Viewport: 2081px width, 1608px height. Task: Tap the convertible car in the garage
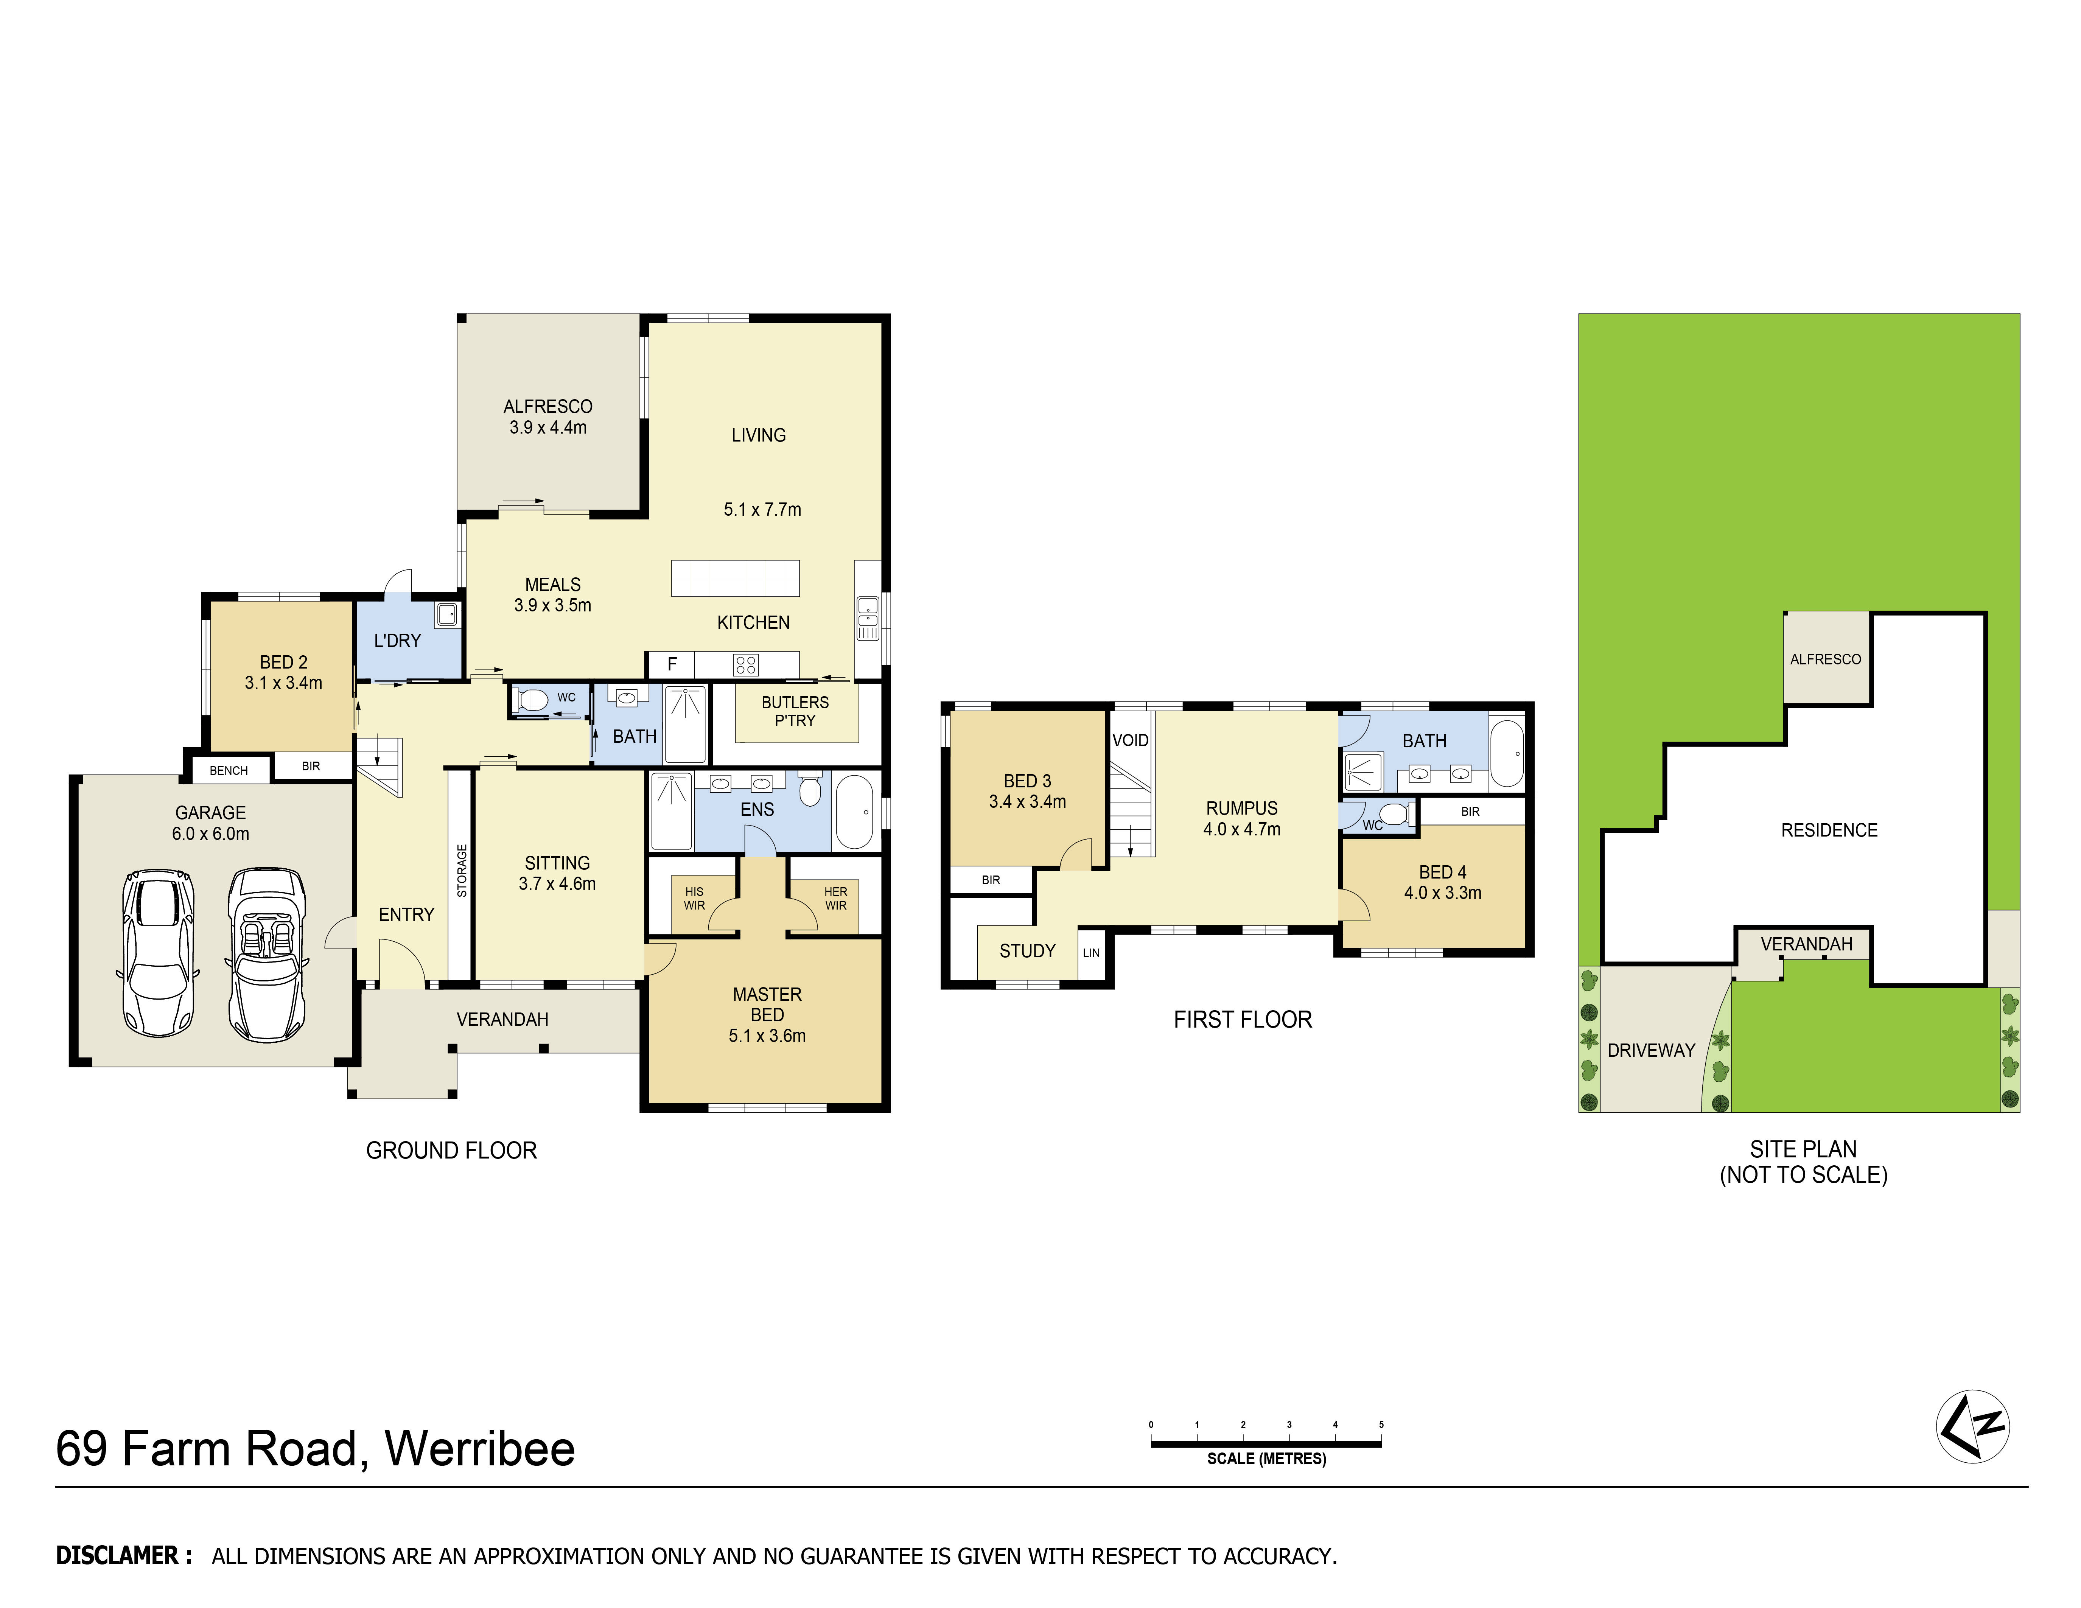coord(267,955)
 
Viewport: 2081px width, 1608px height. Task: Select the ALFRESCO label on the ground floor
coord(548,407)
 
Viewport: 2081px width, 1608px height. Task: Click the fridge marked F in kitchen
coord(672,664)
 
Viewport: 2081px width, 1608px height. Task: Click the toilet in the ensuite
coord(809,790)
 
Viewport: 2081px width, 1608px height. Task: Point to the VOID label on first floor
coord(1130,740)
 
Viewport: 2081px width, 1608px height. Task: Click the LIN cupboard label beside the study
coord(1091,953)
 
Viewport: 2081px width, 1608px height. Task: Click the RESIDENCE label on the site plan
coord(1829,830)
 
